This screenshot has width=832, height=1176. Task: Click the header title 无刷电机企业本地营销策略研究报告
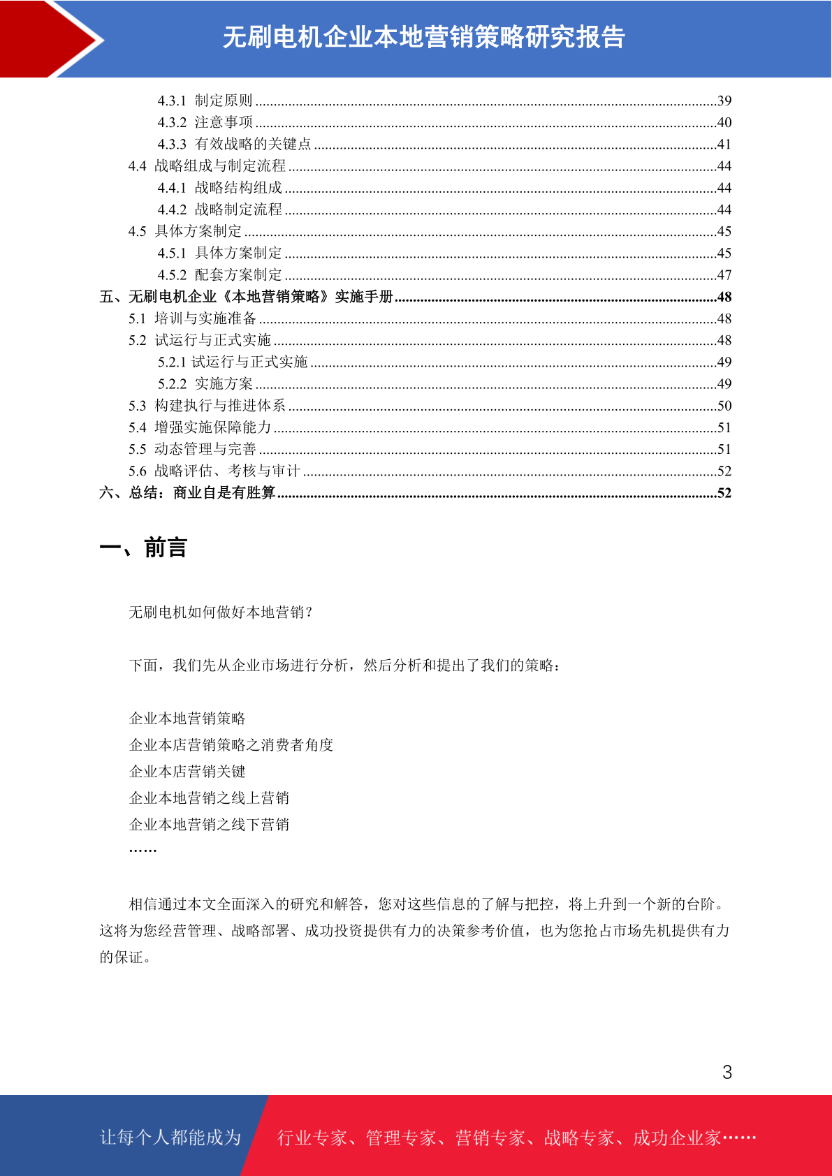423,38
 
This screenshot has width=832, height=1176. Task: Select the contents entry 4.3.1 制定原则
205,101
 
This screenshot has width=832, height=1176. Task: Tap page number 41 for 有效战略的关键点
724,145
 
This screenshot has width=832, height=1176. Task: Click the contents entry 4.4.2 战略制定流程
219,210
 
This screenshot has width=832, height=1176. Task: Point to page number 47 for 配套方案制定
724,275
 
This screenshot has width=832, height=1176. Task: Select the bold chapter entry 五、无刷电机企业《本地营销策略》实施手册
247,297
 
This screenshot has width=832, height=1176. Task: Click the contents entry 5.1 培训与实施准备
192,318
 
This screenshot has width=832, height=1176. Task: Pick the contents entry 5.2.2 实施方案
205,384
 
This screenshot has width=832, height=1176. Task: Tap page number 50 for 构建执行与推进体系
724,406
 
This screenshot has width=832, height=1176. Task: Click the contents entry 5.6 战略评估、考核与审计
214,471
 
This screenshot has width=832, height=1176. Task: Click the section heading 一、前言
143,548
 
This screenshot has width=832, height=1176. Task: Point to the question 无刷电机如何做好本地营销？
221,612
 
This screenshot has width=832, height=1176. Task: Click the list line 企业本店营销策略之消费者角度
231,745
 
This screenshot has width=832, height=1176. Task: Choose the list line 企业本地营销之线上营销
209,798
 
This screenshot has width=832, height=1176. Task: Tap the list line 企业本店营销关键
187,772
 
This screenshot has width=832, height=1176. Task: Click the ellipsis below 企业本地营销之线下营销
143,850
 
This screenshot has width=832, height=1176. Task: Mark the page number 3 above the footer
727,1073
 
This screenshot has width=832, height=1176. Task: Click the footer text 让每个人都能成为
170,1138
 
